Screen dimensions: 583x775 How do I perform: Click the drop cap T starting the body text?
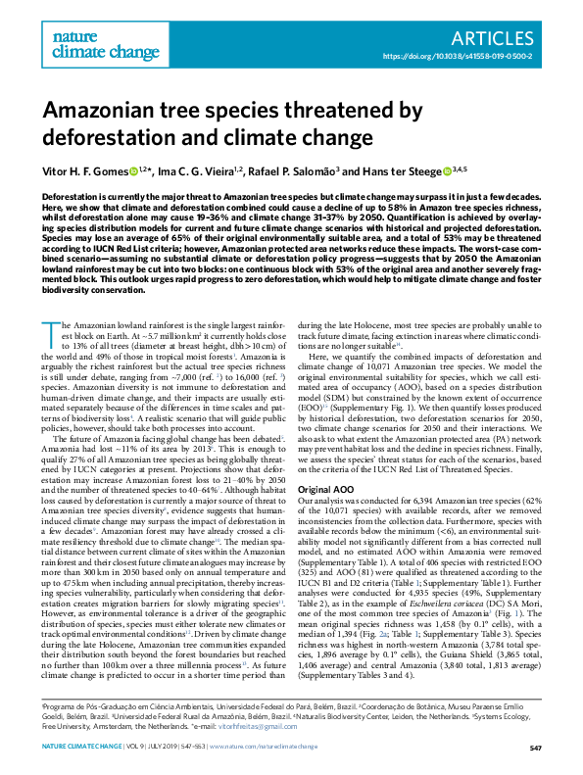pos(49,303)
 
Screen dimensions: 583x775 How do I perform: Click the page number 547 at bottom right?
pos(535,749)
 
